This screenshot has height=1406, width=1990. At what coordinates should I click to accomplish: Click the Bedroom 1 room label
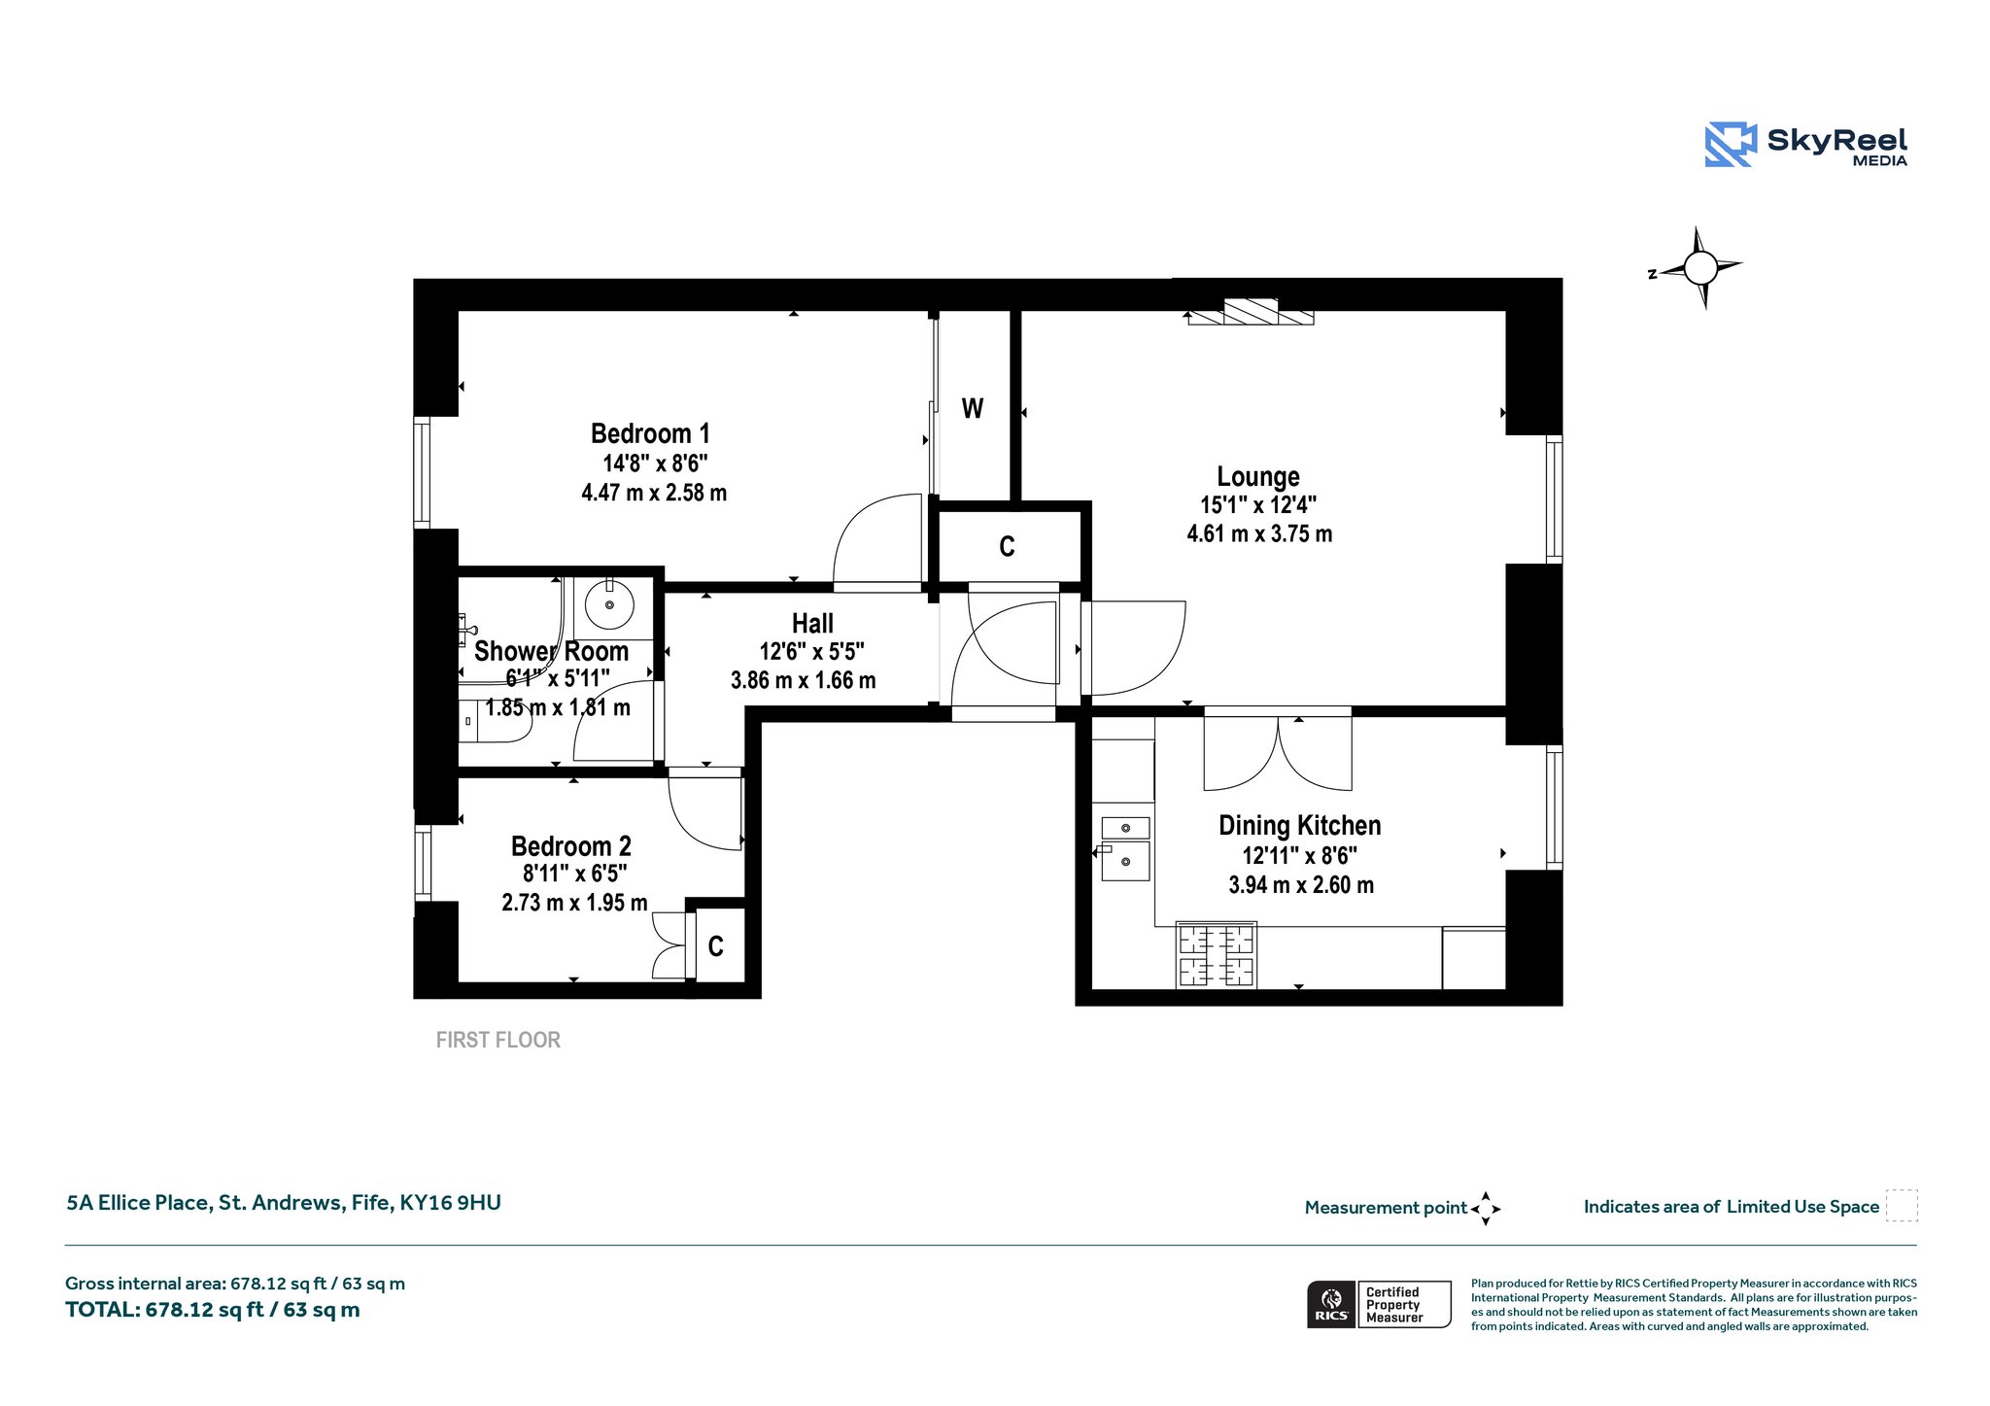650,433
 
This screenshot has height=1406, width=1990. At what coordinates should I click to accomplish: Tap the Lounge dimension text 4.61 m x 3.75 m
1259,533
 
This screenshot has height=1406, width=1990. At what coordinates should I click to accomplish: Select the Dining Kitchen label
1300,826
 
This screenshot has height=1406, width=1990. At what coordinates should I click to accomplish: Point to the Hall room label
812,623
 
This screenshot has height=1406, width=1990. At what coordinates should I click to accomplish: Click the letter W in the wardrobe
973,408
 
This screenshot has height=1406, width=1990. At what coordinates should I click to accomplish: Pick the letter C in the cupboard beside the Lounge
1007,547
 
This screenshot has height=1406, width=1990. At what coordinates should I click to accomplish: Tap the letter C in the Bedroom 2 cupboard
716,946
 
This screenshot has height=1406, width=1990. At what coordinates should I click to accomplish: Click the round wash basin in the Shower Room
609,604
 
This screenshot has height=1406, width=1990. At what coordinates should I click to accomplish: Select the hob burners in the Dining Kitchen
1216,955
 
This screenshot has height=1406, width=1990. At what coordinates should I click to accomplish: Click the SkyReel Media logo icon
1731,145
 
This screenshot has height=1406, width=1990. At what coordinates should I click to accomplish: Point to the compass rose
1699,267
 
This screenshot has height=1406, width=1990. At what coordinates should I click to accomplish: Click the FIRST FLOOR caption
498,1041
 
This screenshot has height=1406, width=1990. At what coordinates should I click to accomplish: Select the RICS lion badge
1331,1304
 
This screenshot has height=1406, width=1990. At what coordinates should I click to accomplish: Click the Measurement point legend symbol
1486,1209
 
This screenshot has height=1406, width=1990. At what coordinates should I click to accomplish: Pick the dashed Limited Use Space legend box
1902,1206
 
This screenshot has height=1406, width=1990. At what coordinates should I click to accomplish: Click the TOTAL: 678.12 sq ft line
213,1310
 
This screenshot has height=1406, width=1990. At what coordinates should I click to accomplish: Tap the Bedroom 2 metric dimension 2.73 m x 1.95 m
574,903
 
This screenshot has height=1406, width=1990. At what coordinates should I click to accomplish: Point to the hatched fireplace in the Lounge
1251,312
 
